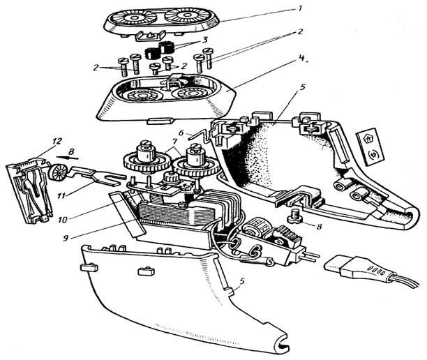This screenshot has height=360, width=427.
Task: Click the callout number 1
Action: click(x=299, y=9)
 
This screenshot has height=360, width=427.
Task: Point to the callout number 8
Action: click(x=320, y=226)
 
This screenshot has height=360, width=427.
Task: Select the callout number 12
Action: click(x=57, y=142)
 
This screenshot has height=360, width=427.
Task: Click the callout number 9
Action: click(x=66, y=238)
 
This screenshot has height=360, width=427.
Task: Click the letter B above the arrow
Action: click(x=71, y=151)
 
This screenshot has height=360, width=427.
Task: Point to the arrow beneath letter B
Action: click(x=68, y=158)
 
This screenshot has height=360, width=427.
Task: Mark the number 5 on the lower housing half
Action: click(x=241, y=281)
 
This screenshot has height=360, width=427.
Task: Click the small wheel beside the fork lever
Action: click(x=59, y=172)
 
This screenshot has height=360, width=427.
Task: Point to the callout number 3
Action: click(x=203, y=40)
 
